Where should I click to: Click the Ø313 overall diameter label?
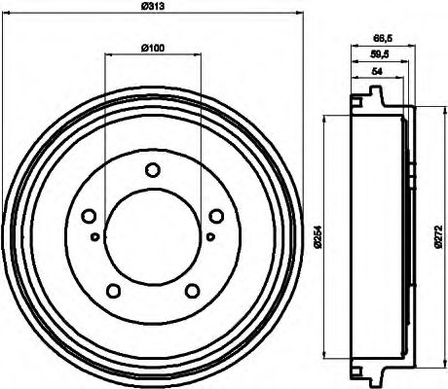[x=151, y=9]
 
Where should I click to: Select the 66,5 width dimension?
[x=383, y=38]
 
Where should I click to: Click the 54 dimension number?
[x=377, y=73]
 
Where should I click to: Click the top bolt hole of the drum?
[x=151, y=171]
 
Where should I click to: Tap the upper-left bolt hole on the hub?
[x=90, y=216]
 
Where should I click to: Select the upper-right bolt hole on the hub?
[x=212, y=216]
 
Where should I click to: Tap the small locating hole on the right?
[x=209, y=236]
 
